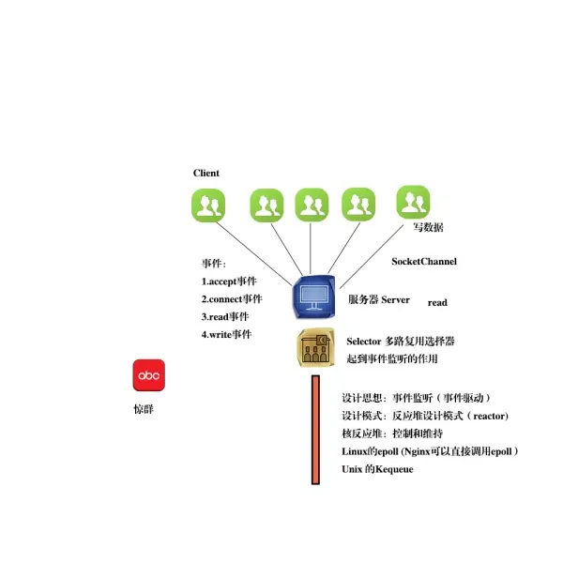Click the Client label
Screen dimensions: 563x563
pyautogui.click(x=206, y=173)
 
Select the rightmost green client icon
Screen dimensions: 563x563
pyautogui.click(x=413, y=202)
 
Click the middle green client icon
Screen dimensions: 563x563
pyautogui.click(x=312, y=205)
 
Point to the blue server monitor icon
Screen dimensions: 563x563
pyautogui.click(x=314, y=297)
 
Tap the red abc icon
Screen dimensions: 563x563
pyautogui.click(x=148, y=375)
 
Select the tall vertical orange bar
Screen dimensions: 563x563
pyautogui.click(x=315, y=430)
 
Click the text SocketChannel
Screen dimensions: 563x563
pyautogui.click(x=424, y=262)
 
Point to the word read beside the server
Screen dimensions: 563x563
pyautogui.click(x=437, y=303)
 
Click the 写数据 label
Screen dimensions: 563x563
pyautogui.click(x=428, y=228)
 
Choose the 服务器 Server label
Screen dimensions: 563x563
pyautogui.click(x=379, y=299)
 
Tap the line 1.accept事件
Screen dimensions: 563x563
pyautogui.click(x=229, y=281)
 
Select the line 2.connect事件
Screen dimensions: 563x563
pyautogui.click(x=232, y=299)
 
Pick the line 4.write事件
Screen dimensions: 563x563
pyautogui.click(x=226, y=335)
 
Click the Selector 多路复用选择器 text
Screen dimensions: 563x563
pyautogui.click(x=401, y=342)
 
